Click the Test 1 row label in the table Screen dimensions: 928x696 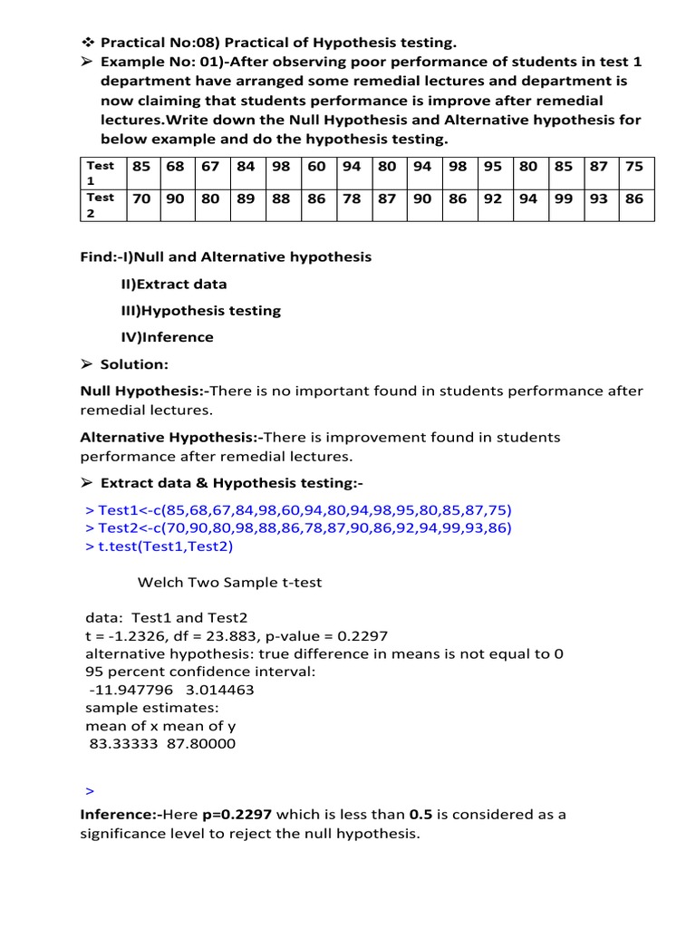pyautogui.click(x=101, y=172)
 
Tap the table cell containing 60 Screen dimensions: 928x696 pyautogui.click(x=316, y=167)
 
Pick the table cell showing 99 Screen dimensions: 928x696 pyautogui.click(x=563, y=198)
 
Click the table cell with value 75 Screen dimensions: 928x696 pyautogui.click(x=633, y=167)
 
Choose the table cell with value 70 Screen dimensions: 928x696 pyautogui.click(x=141, y=198)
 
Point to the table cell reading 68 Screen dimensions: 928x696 pyautogui.click(x=176, y=167)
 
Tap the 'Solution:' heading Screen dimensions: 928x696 pyautogui.click(x=135, y=364)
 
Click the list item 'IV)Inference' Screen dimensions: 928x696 pyautogui.click(x=167, y=337)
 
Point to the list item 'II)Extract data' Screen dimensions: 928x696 pyautogui.click(x=174, y=284)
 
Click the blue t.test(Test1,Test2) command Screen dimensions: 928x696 pyautogui.click(x=162, y=546)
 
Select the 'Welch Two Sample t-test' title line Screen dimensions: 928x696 pyautogui.click(x=229, y=583)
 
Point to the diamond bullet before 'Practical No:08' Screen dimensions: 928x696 pyautogui.click(x=88, y=43)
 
